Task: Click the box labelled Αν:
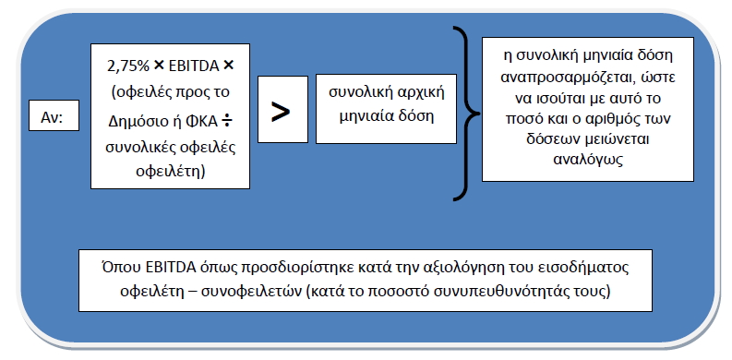click(x=54, y=115)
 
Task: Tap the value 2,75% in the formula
click(x=128, y=66)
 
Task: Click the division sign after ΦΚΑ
click(x=227, y=122)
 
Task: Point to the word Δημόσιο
click(x=139, y=122)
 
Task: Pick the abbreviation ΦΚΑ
click(x=204, y=121)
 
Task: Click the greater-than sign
click(x=281, y=112)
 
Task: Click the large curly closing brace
click(x=466, y=114)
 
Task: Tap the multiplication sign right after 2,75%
click(x=159, y=66)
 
